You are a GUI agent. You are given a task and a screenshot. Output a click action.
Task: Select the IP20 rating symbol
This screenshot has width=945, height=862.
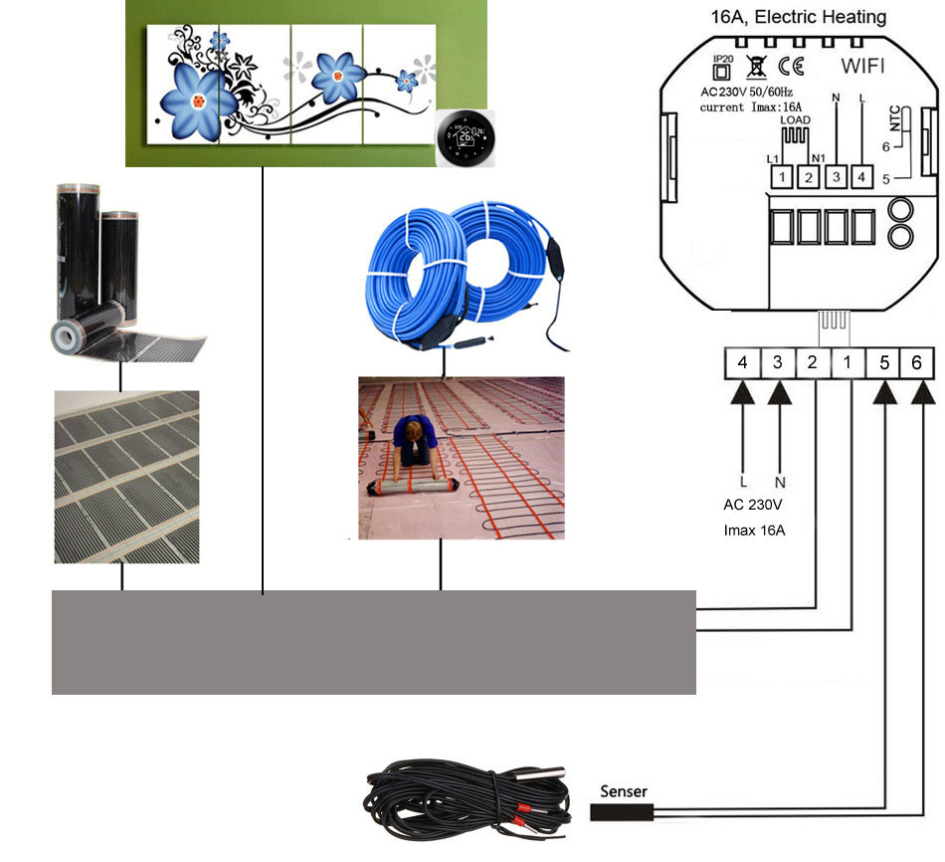click(722, 71)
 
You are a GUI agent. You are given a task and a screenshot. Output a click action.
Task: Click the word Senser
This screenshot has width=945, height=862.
click(624, 792)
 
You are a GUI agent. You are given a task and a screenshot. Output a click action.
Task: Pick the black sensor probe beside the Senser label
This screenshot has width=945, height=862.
click(622, 811)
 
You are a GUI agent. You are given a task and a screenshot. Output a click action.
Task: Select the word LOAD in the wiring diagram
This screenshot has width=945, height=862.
click(795, 119)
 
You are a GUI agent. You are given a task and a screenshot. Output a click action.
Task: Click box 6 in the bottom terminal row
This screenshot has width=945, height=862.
click(917, 364)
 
